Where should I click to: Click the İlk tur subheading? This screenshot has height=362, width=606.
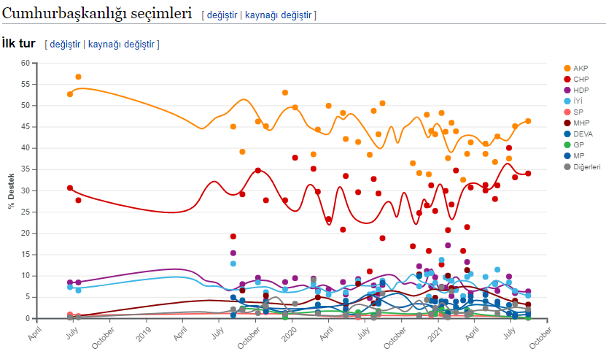(19, 45)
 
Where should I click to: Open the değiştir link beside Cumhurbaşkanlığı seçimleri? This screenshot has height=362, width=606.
(222, 15)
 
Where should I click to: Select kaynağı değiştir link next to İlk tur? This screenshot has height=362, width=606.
(121, 45)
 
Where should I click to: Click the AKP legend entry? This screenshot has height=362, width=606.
(580, 68)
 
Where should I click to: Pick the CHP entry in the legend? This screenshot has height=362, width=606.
(580, 79)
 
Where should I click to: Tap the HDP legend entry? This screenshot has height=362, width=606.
(580, 90)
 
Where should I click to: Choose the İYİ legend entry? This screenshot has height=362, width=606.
(579, 101)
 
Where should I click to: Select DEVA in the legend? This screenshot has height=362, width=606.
(583, 134)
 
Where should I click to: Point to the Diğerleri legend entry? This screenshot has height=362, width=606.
(586, 167)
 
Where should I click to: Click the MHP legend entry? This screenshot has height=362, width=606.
(581, 123)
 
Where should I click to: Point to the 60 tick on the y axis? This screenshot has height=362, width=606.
(25, 63)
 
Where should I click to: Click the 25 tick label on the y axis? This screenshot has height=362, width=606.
(25, 212)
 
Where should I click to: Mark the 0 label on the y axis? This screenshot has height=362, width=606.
(27, 318)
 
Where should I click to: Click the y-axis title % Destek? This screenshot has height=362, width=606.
(11, 190)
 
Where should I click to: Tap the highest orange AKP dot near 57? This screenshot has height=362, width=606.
(78, 77)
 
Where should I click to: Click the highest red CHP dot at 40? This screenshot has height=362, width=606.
(509, 148)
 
